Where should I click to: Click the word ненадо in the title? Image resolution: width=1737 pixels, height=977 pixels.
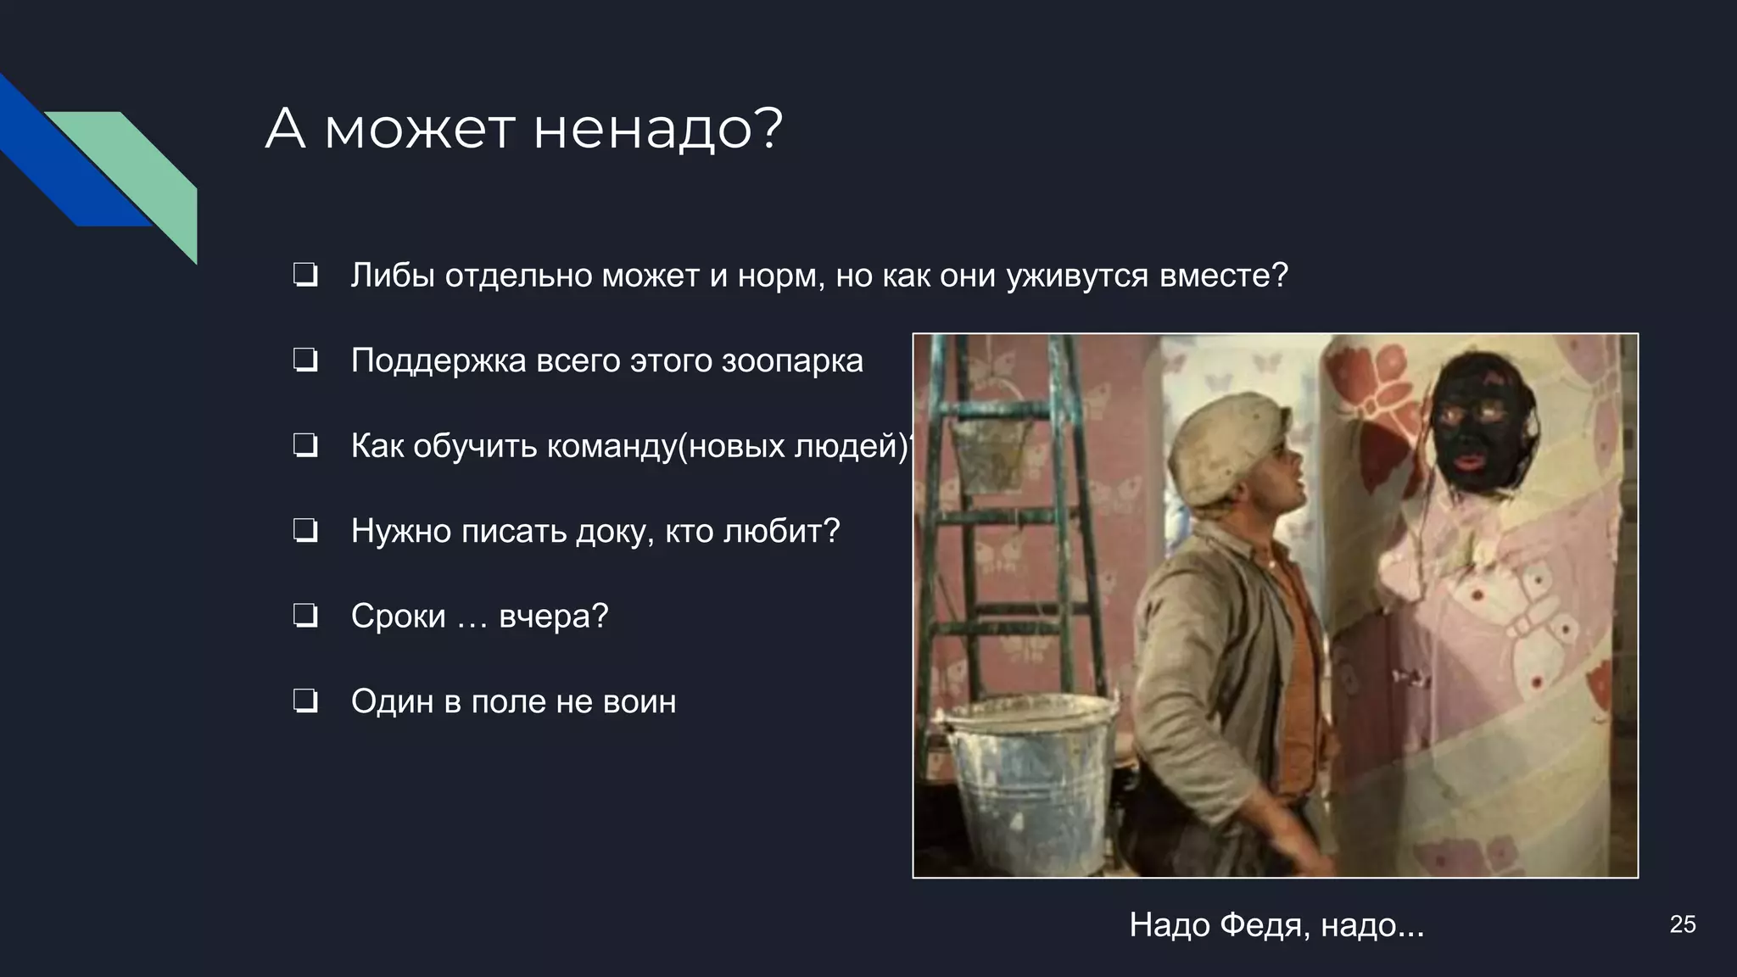pos(656,130)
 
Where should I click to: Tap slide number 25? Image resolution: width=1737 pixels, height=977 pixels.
pos(1682,924)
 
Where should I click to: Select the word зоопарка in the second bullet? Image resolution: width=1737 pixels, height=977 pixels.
pos(792,361)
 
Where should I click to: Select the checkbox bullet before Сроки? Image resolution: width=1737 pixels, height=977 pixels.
pos(304,617)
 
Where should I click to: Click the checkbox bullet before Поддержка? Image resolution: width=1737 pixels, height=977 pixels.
pos(304,361)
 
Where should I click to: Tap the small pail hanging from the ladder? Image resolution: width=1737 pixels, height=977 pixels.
pos(990,449)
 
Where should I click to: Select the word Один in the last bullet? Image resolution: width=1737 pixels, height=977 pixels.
pos(392,702)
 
